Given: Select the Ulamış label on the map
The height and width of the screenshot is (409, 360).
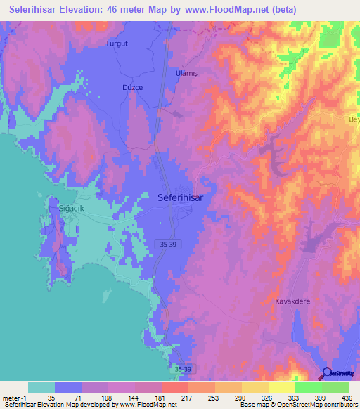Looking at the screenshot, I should (187, 72).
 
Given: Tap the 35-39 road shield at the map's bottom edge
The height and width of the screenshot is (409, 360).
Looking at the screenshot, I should (182, 369).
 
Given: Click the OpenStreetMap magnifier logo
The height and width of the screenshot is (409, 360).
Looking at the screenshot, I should (327, 373).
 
